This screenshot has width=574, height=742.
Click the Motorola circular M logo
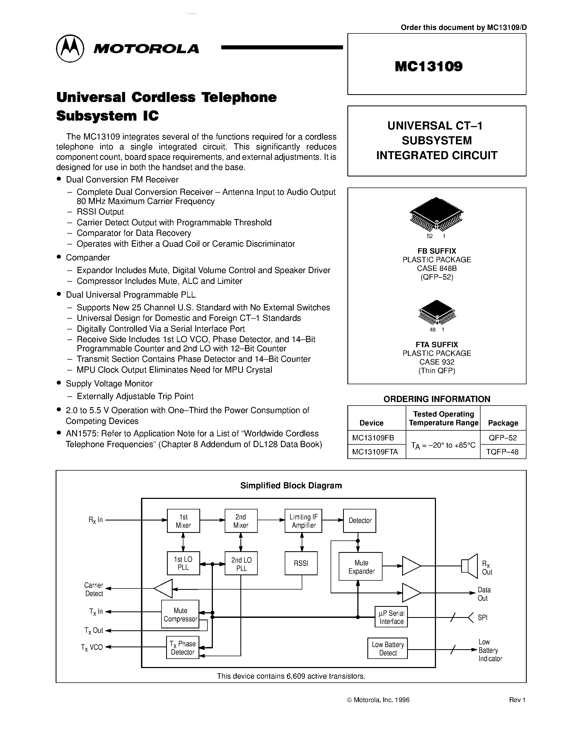(70, 49)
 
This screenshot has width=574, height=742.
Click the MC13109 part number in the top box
(428, 66)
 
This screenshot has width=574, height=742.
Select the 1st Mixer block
(183, 521)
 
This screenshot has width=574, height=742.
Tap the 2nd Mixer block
(241, 521)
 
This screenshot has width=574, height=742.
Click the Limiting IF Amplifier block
(303, 521)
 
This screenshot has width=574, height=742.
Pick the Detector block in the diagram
(360, 520)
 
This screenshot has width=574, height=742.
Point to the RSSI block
(301, 563)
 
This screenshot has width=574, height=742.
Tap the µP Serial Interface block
(391, 617)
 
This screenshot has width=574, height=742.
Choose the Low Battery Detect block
(387, 649)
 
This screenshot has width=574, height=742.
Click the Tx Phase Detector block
(183, 648)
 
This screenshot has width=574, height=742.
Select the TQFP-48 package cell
(503, 452)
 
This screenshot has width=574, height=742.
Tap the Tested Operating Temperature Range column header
(443, 418)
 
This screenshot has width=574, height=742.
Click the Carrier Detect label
(94, 589)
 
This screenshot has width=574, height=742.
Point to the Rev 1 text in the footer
(517, 700)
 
